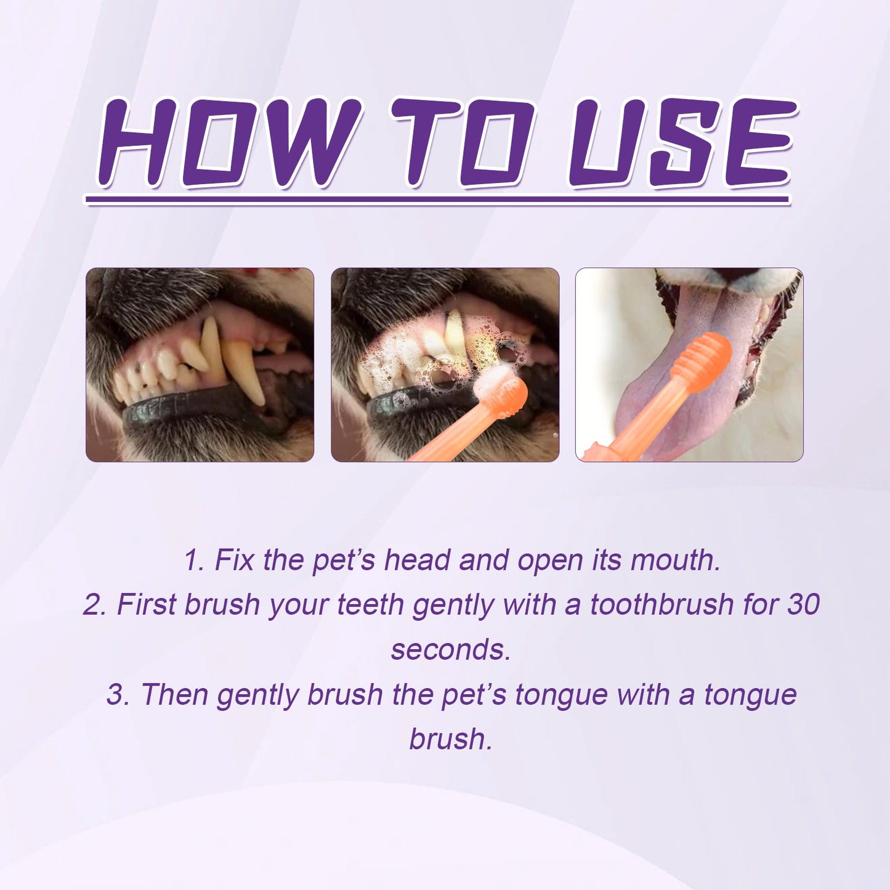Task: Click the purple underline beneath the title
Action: [x=437, y=200]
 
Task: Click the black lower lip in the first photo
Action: [x=185, y=416]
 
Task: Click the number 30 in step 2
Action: [x=803, y=604]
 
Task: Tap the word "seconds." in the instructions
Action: [x=451, y=649]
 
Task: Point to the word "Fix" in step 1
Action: [x=233, y=560]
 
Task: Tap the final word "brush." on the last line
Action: [x=451, y=738]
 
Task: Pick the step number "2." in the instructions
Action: [x=95, y=604]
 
